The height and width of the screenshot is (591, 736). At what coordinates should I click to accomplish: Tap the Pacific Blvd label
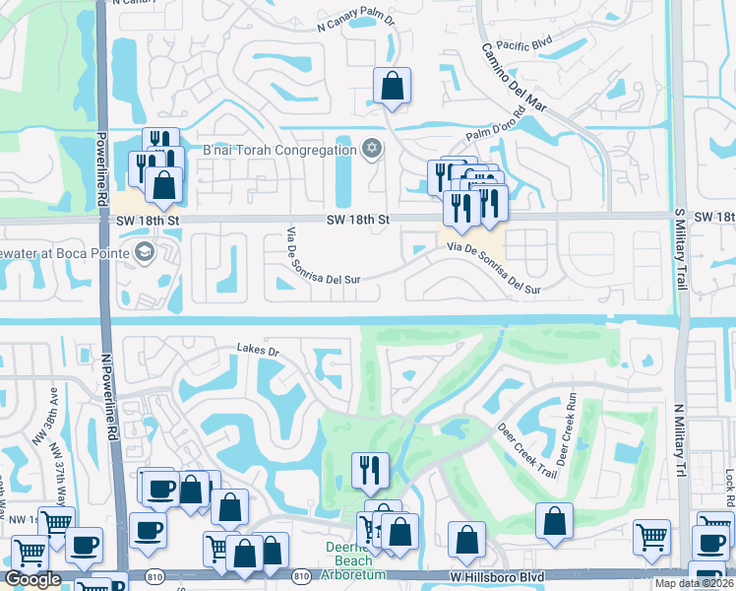[x=524, y=45]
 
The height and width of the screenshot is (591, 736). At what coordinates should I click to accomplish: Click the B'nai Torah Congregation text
[x=278, y=151]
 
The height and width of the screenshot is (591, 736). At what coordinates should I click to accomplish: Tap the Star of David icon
[x=371, y=150]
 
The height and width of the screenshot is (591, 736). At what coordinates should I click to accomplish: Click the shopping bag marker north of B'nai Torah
[x=392, y=87]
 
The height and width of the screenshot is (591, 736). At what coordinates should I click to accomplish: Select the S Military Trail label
[x=679, y=252]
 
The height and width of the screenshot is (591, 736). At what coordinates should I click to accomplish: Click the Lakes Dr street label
[x=259, y=349]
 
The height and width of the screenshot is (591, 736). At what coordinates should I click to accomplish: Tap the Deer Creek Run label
[x=569, y=431]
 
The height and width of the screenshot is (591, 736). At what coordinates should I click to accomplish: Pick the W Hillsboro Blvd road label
[x=496, y=575]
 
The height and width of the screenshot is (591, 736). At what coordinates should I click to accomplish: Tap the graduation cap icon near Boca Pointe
[x=145, y=253]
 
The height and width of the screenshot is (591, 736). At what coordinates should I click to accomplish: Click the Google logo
[x=32, y=579]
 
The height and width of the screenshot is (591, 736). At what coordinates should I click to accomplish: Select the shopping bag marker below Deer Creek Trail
[x=554, y=522]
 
